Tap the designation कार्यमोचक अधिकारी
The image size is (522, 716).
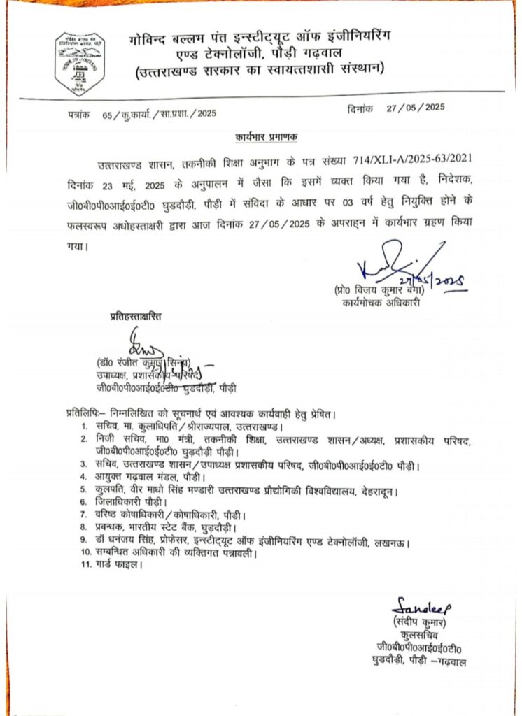point(381,304)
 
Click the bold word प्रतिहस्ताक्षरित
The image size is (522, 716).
point(136,316)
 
